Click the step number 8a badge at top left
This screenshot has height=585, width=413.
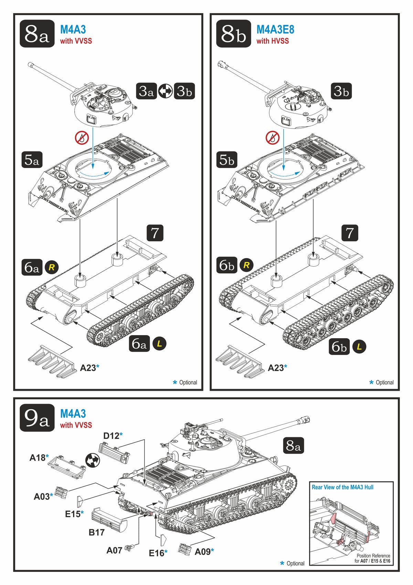point(37,34)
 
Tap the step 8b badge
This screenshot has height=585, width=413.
point(233,34)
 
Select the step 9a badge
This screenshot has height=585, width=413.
point(37,418)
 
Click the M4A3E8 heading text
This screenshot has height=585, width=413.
point(275,30)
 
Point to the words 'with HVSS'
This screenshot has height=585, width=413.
point(272,41)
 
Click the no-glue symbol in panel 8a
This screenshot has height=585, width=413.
point(82,138)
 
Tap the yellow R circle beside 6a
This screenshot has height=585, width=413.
point(52,267)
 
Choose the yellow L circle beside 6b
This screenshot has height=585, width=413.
point(359,346)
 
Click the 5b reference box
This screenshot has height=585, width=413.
point(227,160)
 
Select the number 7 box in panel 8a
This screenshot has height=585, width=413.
point(155,233)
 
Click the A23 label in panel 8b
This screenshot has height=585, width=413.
point(276,368)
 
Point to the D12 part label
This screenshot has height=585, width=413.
point(111,436)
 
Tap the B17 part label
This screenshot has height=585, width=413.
point(96,532)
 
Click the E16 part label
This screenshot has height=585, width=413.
point(157,553)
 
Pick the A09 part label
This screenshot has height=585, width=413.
point(202,552)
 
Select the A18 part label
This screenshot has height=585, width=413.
point(37,458)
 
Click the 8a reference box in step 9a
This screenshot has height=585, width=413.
point(293,446)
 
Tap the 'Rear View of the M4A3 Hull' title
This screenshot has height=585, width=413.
point(342,487)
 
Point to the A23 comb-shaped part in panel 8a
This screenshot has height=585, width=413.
point(52,362)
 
